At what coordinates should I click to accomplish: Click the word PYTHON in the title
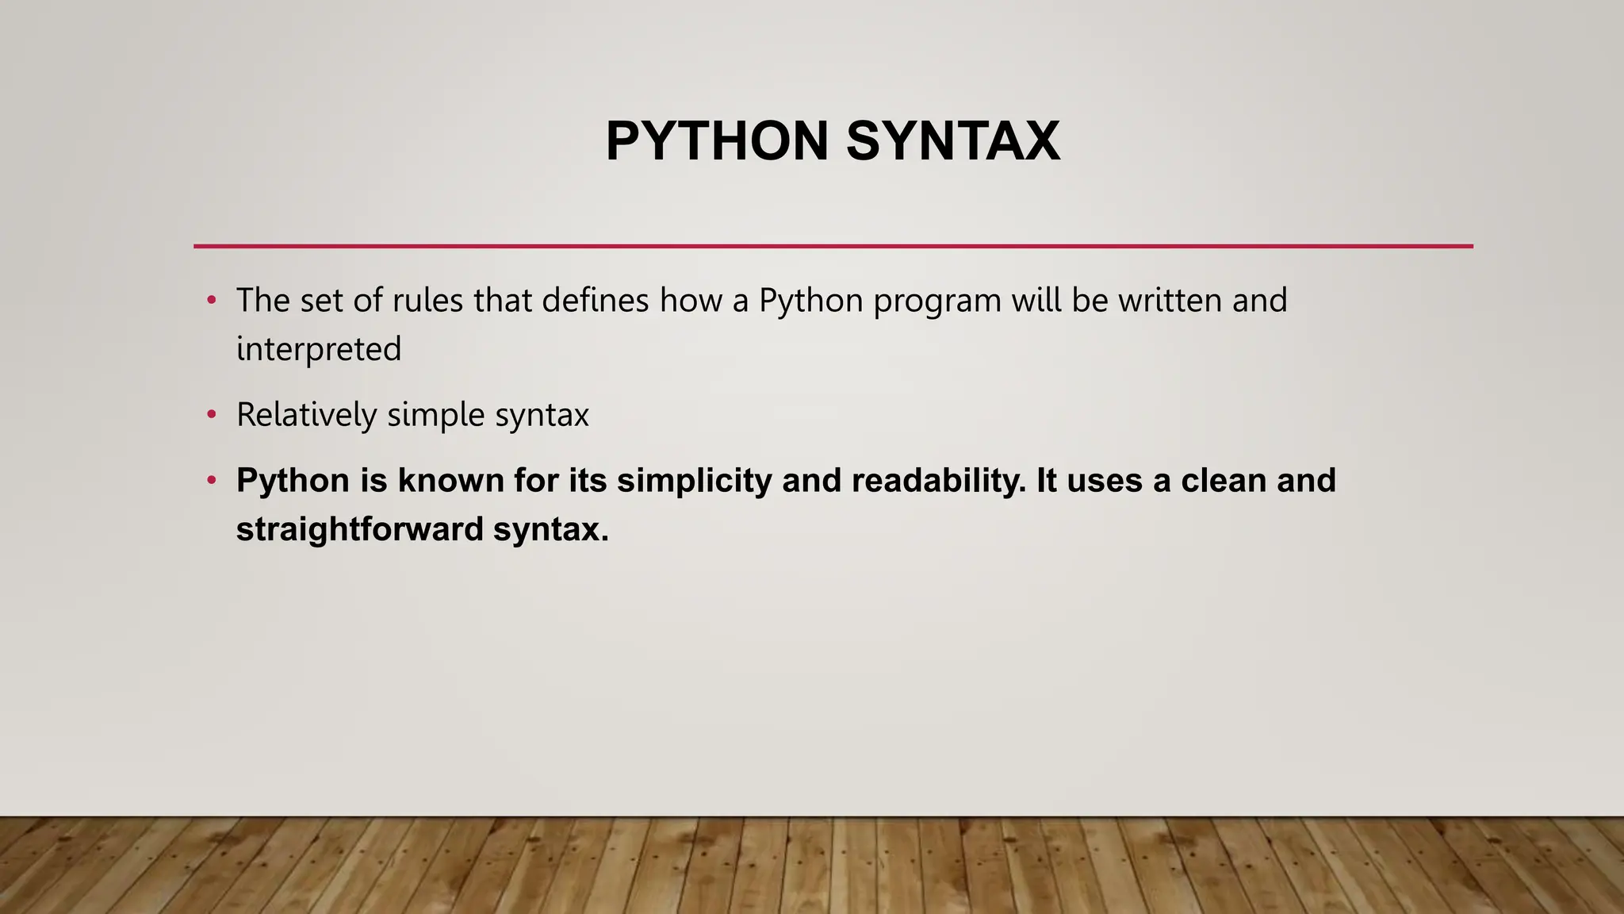pos(717,141)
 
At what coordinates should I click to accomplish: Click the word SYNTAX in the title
pos(952,141)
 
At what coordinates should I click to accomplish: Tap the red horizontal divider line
pos(833,246)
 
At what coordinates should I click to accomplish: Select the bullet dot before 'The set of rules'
pos(211,301)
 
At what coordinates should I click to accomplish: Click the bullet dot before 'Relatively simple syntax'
pos(211,415)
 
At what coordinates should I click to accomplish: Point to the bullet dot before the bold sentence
pos(211,481)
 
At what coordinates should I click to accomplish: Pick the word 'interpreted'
pos(319,350)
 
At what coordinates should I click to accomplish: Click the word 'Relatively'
pos(306,415)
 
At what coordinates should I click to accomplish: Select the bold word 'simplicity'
pos(694,481)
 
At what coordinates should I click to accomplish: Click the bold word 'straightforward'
pos(360,529)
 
